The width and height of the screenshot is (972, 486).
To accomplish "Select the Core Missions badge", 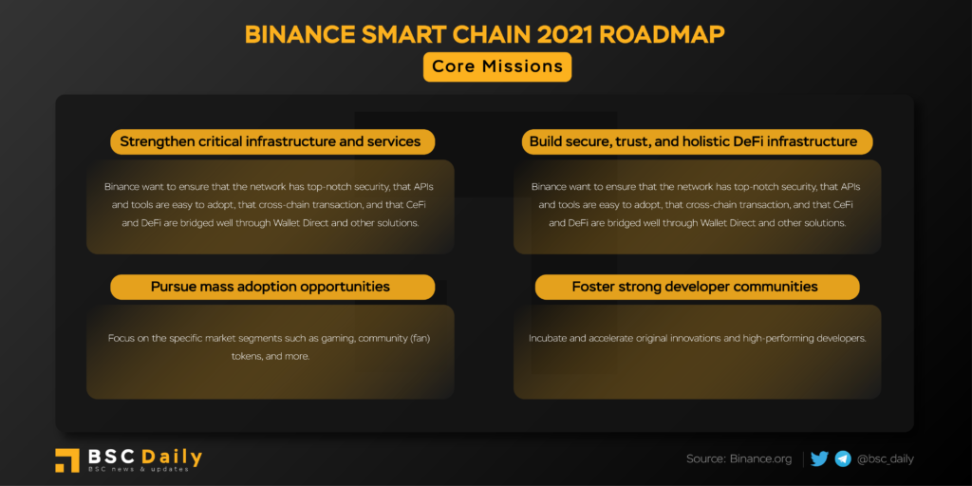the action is tap(497, 66).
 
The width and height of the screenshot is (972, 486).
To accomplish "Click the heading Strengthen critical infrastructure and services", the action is tap(271, 141).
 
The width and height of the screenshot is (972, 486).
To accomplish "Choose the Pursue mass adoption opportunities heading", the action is tap(271, 287).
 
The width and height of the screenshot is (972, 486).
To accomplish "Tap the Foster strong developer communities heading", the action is tap(695, 287).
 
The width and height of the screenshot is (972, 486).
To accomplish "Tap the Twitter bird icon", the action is tap(819, 458).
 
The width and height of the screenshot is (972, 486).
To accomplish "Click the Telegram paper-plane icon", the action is tap(843, 458).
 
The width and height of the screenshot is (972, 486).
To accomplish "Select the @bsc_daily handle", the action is tap(886, 459).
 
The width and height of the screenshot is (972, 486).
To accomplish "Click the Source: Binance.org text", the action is tap(738, 459).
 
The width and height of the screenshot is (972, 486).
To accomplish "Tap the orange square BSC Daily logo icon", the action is tap(67, 460).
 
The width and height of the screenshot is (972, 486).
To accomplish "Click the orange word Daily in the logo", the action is tap(172, 458).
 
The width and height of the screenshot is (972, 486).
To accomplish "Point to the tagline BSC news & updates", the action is tap(138, 470).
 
